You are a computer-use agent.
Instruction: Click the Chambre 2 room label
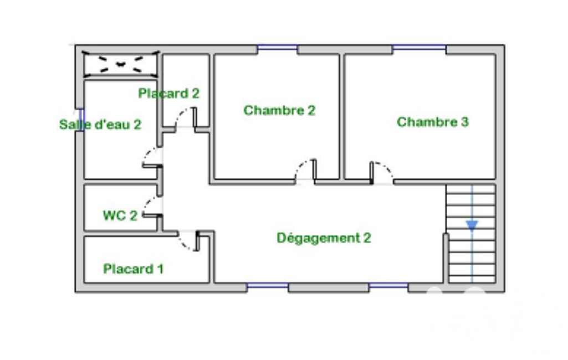tap(279, 110)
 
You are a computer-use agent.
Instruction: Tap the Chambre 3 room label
tap(433, 122)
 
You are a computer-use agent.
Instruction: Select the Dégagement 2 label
tap(324, 238)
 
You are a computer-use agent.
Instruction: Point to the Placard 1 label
tap(134, 269)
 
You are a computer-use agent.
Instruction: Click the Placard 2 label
tap(169, 94)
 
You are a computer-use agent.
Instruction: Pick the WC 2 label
tap(120, 215)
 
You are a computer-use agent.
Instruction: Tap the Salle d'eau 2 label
tap(100, 125)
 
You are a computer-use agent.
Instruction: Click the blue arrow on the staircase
tap(472, 225)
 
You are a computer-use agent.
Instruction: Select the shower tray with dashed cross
tap(121, 64)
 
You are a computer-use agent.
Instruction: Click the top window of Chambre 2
tap(278, 47)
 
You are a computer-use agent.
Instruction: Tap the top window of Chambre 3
tap(419, 47)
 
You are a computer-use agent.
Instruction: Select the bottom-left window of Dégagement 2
tap(268, 286)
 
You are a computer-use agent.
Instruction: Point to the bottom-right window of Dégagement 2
tap(388, 286)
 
